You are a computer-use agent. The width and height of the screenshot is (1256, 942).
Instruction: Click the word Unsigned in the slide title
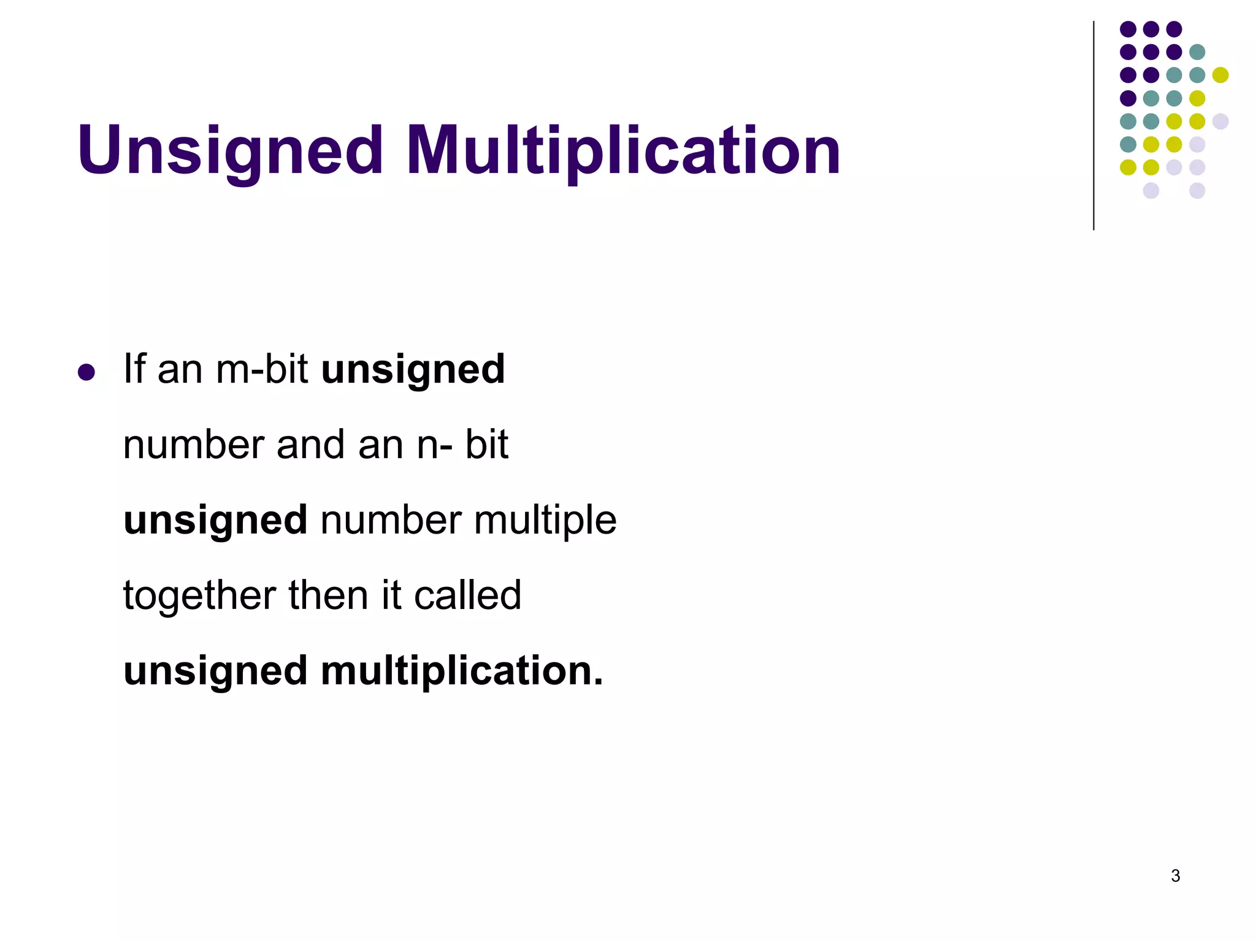tap(230, 150)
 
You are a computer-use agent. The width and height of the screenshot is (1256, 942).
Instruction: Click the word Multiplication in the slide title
tap(622, 150)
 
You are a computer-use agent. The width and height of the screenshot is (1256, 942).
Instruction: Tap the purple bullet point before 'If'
tap(86, 372)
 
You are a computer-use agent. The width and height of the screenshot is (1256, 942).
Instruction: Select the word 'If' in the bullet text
tap(134, 369)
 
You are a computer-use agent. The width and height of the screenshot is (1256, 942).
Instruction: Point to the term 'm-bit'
tap(262, 369)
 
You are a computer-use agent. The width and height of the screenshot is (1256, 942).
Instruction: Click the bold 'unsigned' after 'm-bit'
tap(413, 370)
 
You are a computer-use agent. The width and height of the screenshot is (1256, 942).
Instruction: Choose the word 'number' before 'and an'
tap(193, 445)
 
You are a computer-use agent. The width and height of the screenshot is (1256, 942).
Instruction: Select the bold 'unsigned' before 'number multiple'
tap(215, 521)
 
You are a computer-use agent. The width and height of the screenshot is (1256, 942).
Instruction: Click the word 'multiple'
tap(545, 521)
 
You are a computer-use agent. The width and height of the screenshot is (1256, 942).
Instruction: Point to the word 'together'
tap(199, 595)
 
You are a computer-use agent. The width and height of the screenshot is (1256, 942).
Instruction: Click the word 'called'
tap(467, 595)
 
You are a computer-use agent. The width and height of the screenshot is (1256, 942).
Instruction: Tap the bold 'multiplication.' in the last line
tap(462, 670)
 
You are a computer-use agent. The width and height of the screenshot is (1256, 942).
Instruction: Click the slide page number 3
tap(1175, 876)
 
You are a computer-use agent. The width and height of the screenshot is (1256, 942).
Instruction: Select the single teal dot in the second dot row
tap(1197, 52)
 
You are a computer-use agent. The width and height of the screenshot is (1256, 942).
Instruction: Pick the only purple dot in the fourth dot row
tap(1128, 98)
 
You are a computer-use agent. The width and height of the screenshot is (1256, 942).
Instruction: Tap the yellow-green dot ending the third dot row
tap(1220, 75)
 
